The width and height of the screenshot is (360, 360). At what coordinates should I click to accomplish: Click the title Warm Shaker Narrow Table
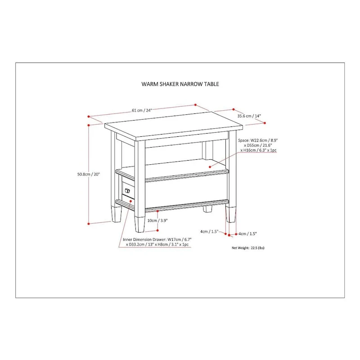click(180, 84)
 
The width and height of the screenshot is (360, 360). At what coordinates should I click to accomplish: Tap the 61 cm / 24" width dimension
click(142, 110)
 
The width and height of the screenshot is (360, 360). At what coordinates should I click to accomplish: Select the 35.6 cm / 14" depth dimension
click(249, 116)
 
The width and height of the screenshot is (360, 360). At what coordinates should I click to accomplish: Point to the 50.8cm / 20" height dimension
click(89, 174)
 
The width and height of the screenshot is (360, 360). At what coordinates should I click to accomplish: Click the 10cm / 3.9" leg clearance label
click(157, 220)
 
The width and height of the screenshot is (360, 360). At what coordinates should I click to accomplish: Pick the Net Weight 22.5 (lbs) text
click(248, 248)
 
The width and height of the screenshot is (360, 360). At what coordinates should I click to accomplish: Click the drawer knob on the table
click(127, 190)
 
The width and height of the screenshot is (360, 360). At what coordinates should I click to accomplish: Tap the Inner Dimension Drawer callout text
click(157, 242)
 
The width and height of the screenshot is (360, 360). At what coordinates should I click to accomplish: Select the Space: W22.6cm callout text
click(257, 145)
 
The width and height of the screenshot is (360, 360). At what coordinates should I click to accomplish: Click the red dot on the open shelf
click(210, 167)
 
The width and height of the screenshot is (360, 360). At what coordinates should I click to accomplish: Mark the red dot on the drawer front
click(130, 201)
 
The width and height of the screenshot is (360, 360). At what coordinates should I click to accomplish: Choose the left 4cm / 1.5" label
click(209, 231)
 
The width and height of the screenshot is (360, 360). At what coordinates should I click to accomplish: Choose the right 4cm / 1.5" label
click(247, 234)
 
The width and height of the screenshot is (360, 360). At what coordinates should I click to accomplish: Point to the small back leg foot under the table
click(207, 209)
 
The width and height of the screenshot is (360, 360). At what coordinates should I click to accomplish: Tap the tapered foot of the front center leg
click(140, 224)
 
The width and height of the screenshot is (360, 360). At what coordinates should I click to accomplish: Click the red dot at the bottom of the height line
click(89, 223)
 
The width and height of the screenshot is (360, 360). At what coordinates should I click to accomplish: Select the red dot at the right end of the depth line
click(265, 123)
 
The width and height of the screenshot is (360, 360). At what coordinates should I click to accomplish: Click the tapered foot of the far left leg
click(117, 215)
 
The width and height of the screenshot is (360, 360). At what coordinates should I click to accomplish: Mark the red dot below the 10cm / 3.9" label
click(157, 230)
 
